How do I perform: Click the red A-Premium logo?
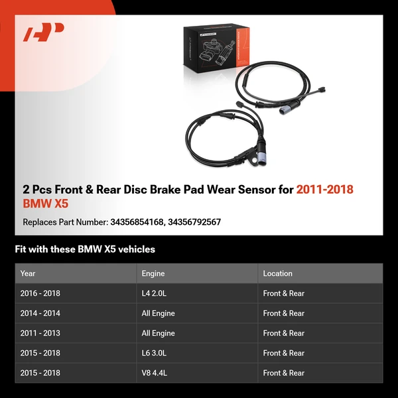(x=43, y=33)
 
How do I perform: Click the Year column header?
(x=28, y=273)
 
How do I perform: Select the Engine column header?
(x=153, y=273)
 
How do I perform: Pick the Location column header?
(x=277, y=273)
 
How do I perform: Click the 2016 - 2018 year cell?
(x=40, y=293)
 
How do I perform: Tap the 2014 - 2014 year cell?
(x=40, y=313)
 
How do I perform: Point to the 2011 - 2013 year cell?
(x=40, y=333)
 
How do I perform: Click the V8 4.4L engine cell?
(x=154, y=373)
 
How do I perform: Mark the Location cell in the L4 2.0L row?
(x=283, y=293)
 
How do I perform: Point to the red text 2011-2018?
(x=325, y=190)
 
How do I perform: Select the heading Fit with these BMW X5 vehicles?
(x=85, y=249)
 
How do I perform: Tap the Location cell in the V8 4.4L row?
(x=283, y=373)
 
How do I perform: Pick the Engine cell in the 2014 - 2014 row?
(x=159, y=313)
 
